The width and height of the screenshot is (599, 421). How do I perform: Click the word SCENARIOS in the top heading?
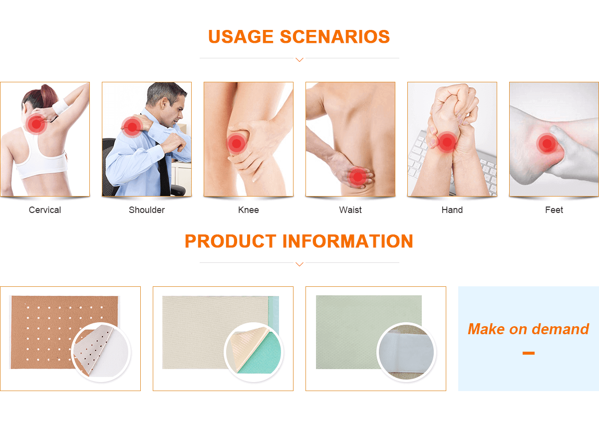pos(335,36)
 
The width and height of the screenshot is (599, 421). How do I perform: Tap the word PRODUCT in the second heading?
pos(230,241)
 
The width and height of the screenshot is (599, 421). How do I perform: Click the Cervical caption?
pos(45,210)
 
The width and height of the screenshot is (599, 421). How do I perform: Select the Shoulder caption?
pos(147,210)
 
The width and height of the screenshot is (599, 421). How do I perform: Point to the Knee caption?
pos(249,210)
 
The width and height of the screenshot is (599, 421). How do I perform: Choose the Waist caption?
pos(350,210)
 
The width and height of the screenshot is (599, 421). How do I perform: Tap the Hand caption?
pos(452,210)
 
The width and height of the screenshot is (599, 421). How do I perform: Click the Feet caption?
pos(554,210)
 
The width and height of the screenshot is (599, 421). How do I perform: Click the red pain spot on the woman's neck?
pos(36,124)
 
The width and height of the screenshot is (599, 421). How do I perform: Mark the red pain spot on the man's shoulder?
pos(132,127)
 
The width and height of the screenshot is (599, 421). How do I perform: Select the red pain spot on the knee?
pos(237,144)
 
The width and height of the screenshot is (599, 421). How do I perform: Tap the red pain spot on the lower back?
pos(358,177)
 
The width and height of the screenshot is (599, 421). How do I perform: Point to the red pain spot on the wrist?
pos(447,142)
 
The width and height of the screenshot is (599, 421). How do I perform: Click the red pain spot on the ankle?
pos(547,144)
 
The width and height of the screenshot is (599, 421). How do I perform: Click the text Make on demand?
pos(529,329)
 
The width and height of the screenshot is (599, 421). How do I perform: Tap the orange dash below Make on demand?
pos(529,353)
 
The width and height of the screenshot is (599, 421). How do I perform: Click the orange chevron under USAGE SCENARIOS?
pos(299,59)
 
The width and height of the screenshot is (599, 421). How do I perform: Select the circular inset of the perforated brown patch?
pos(101,352)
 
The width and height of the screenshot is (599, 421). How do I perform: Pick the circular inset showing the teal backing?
pos(254,352)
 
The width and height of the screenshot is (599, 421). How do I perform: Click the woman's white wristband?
pos(60,106)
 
